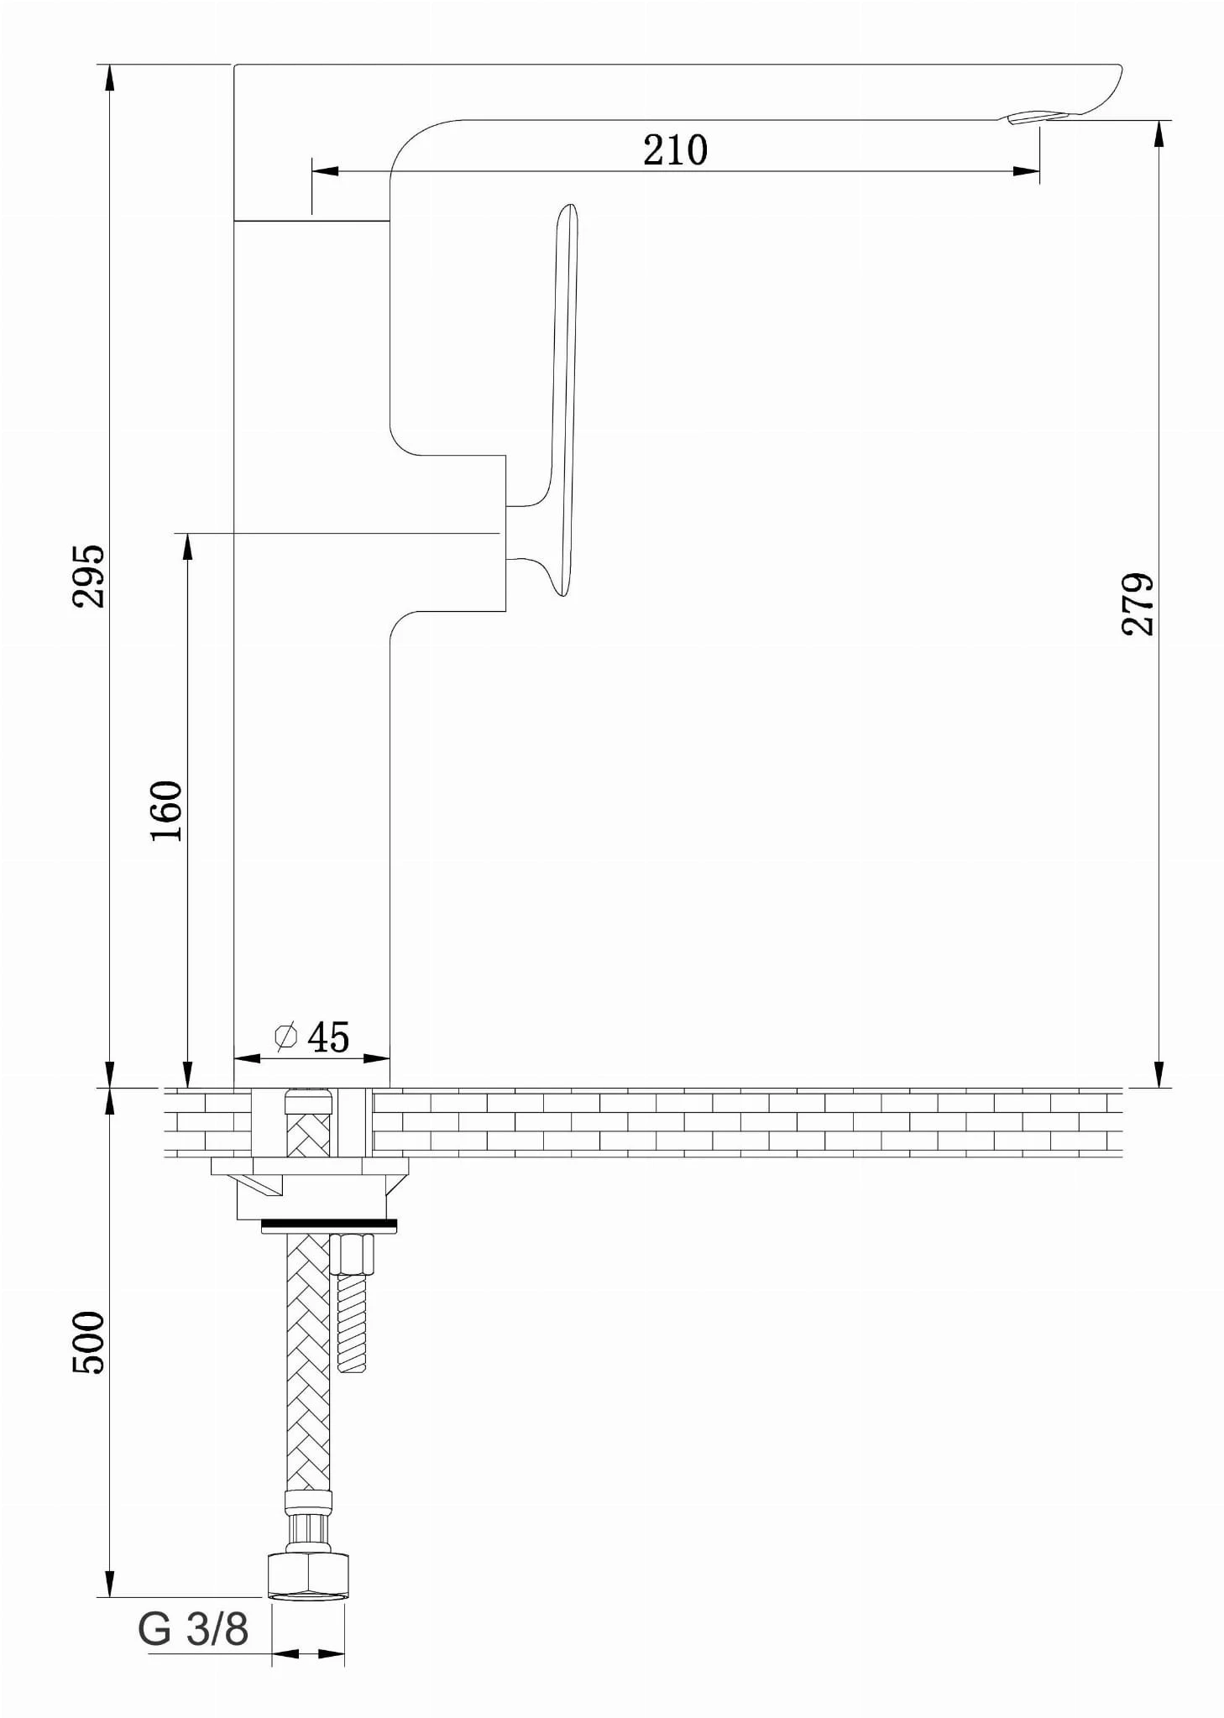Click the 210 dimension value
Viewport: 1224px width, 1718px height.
tap(675, 150)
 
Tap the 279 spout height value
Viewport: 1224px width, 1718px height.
tap(1139, 604)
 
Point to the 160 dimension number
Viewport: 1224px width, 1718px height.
tap(166, 811)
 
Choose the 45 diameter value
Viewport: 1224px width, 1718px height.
tap(328, 1037)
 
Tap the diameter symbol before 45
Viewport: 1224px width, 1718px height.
tap(285, 1037)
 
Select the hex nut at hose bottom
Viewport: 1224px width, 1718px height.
tap(308, 1575)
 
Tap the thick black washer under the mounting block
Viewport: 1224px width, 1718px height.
tap(328, 1227)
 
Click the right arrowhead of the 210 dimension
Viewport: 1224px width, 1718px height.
tap(1028, 171)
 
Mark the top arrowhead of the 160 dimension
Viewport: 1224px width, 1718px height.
tap(187, 547)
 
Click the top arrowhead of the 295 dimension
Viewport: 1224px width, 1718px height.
tap(109, 78)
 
